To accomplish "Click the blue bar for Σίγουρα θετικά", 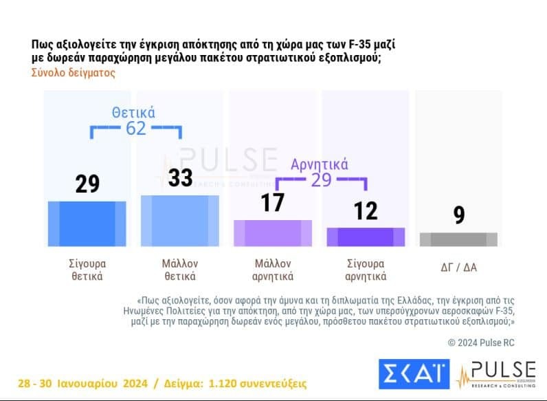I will (87, 224).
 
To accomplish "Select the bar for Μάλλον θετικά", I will (180, 221).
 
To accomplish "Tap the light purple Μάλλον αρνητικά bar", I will (273, 233).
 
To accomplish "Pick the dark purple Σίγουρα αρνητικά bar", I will (366, 237).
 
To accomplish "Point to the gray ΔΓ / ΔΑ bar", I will (458, 239).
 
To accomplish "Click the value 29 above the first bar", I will (87, 184).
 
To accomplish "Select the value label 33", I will (181, 177).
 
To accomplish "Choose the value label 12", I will (366, 210).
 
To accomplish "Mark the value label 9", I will (458, 216).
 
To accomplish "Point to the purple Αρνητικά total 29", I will (320, 180).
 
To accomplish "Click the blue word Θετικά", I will (134, 112).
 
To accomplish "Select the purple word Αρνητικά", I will (320, 164).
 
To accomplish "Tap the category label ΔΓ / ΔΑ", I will (458, 268).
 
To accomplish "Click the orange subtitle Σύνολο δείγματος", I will (74, 73).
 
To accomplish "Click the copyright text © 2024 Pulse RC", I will (481, 342).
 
